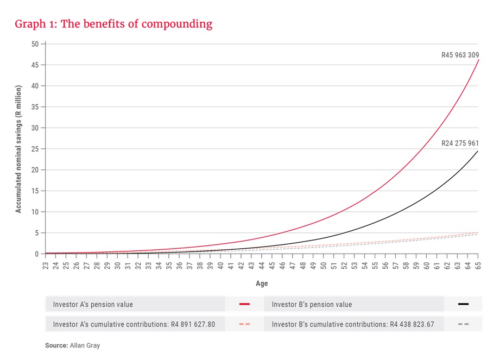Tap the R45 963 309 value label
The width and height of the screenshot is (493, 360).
click(x=459, y=55)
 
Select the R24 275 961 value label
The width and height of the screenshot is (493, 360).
click(x=459, y=144)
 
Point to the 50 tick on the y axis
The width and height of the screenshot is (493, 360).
click(x=35, y=44)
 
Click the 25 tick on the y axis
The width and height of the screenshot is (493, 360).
click(x=35, y=149)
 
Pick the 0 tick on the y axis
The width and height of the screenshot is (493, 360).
click(x=37, y=254)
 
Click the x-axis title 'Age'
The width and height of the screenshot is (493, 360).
click(x=262, y=283)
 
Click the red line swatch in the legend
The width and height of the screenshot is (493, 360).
click(x=244, y=304)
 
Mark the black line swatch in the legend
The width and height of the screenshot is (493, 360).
click(x=463, y=304)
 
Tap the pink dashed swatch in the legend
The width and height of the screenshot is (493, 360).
click(x=244, y=324)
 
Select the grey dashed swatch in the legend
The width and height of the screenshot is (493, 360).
click(x=463, y=324)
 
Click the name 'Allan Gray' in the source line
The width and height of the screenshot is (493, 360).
click(x=84, y=345)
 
